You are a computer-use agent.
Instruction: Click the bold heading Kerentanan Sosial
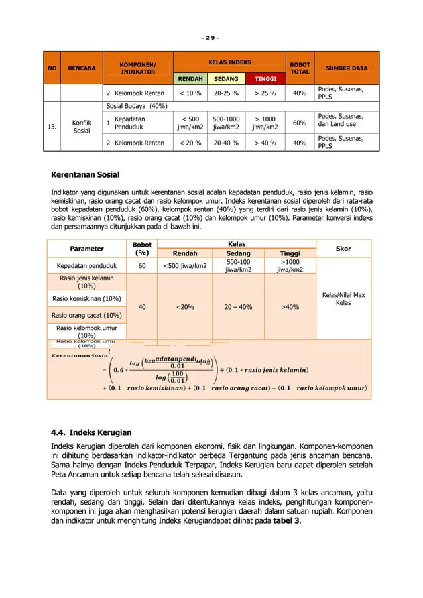(86, 175)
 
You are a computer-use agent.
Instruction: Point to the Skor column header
(343, 249)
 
